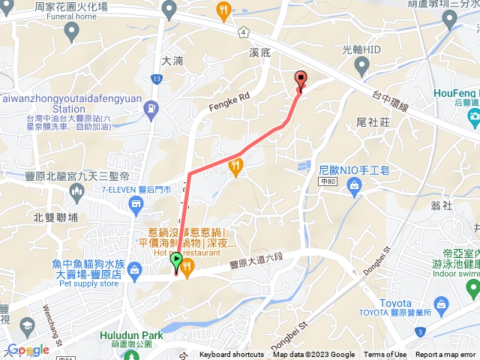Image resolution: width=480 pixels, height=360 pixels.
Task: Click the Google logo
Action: pyautogui.click(x=28, y=349)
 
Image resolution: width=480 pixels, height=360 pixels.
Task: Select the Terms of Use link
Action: pyautogui.click(x=385, y=355)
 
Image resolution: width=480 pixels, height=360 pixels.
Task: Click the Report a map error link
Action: pyautogui.click(x=445, y=355)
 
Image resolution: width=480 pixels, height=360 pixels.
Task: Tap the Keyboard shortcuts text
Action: pyautogui.click(x=231, y=355)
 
